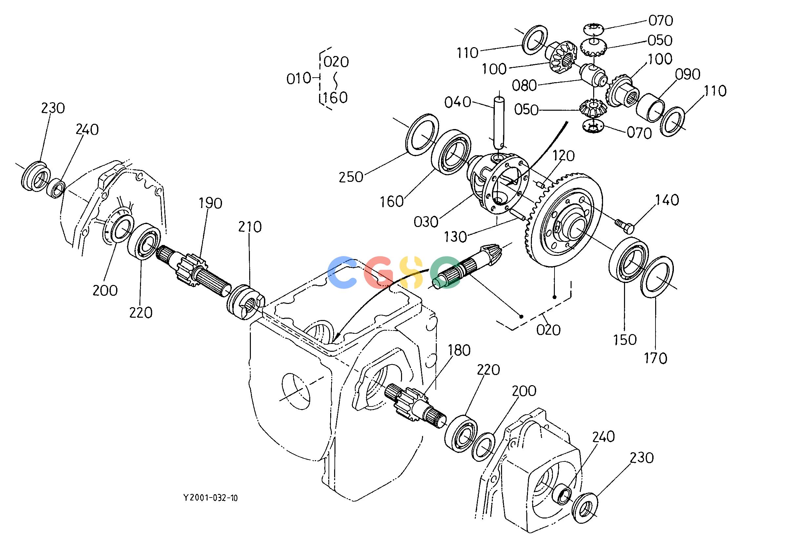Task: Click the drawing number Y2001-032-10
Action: click(211, 498)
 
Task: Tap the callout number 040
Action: click(458, 102)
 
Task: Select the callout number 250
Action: click(351, 177)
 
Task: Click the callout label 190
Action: click(211, 203)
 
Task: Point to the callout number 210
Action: click(250, 227)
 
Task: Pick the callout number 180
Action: click(459, 350)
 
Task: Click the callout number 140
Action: click(667, 200)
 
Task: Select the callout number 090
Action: click(688, 74)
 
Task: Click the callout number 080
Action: click(524, 85)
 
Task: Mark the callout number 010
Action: click(298, 79)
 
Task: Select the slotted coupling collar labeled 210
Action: click(246, 302)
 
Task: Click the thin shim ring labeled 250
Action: click(422, 134)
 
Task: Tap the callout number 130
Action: click(455, 236)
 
